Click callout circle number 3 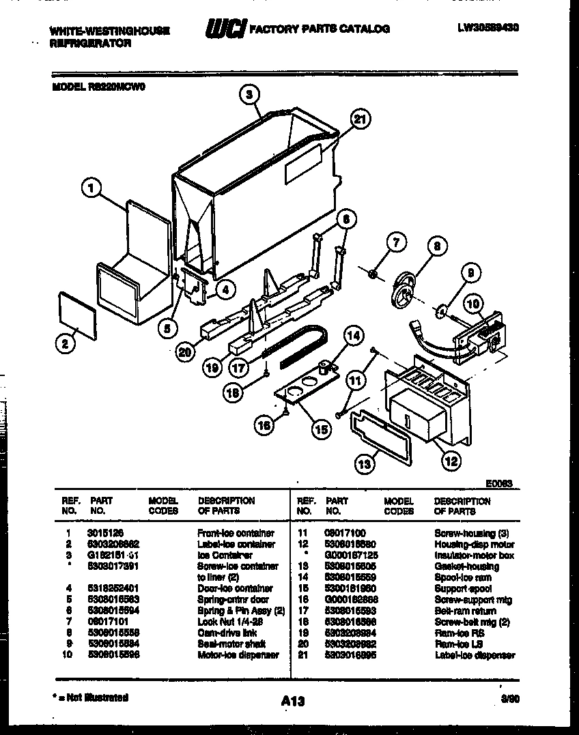(251, 96)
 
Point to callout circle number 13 (365, 464)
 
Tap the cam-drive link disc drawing (408, 287)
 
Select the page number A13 (292, 701)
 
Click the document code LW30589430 (493, 29)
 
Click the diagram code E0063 (499, 483)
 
